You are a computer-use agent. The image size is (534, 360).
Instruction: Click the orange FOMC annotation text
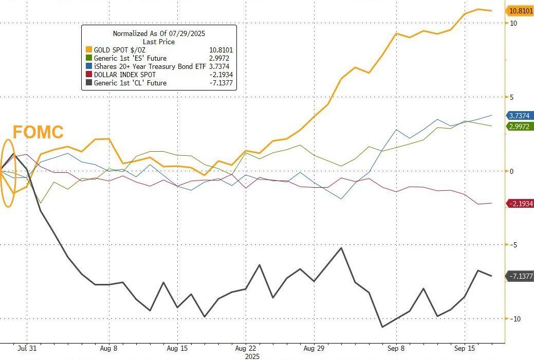(x=38, y=132)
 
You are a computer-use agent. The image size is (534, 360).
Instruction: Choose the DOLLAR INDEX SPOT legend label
(x=125, y=75)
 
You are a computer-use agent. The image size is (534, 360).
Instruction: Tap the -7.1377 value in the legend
(x=221, y=83)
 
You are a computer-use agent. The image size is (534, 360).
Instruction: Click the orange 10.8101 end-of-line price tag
(x=519, y=10)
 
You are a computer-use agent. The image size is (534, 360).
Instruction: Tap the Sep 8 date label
(x=396, y=348)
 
